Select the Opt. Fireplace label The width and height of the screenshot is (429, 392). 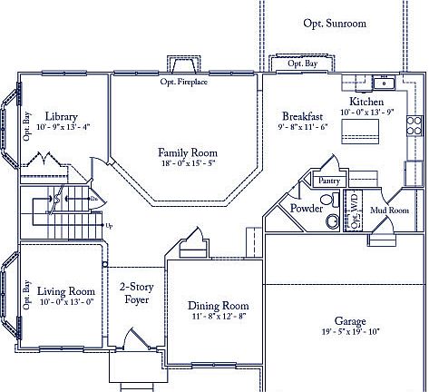click(x=184, y=82)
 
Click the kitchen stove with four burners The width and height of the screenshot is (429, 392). click(x=414, y=124)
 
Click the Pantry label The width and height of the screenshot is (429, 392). click(x=328, y=181)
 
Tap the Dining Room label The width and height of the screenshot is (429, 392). click(x=217, y=306)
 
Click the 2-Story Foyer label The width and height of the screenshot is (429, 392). click(x=136, y=292)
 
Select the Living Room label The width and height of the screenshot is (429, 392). click(x=64, y=290)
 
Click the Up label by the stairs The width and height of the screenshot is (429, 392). click(x=110, y=225)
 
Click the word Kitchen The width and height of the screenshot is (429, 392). click(x=366, y=103)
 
